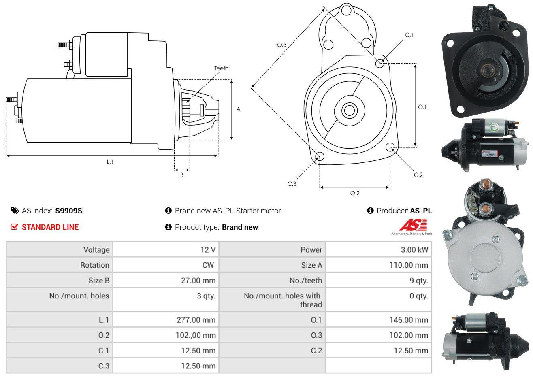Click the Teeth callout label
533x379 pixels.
click(221, 68)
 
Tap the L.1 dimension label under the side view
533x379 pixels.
click(110, 162)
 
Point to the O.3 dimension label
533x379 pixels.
click(282, 45)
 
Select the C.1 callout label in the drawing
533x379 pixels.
click(409, 35)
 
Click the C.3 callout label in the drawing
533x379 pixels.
click(292, 184)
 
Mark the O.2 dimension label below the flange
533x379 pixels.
click(355, 193)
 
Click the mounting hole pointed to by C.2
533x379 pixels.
click(390, 147)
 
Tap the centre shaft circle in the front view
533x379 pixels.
click(349, 111)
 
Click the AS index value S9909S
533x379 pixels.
click(68, 211)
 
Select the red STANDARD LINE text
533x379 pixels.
click(50, 227)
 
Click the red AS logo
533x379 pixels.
click(413, 225)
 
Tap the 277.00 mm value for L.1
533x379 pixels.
click(196, 320)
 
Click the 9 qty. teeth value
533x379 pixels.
click(418, 281)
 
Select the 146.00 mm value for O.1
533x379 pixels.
click(409, 320)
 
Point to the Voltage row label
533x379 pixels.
click(96, 250)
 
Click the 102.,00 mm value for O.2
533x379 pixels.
click(196, 335)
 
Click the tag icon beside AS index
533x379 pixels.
click(15, 211)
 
